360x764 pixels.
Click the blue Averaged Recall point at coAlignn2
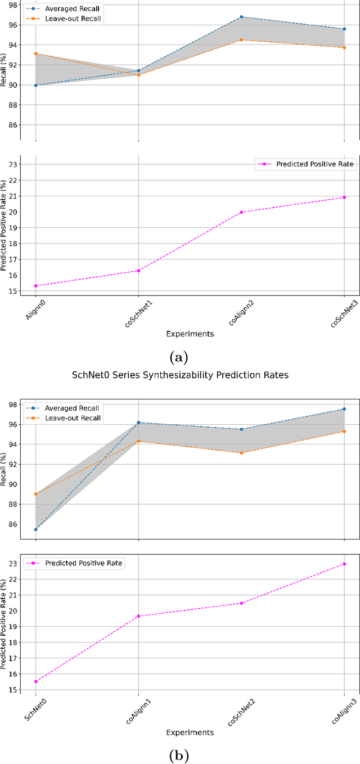pos(241,17)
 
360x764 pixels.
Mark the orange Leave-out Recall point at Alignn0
pos(36,53)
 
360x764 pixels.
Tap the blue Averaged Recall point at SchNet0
pos(36,529)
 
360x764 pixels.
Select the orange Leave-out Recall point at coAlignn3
pos(344,432)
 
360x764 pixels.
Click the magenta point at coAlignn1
pos(138,616)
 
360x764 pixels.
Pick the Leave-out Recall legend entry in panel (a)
pos(62,20)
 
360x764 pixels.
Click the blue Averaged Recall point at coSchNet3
pos(344,29)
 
